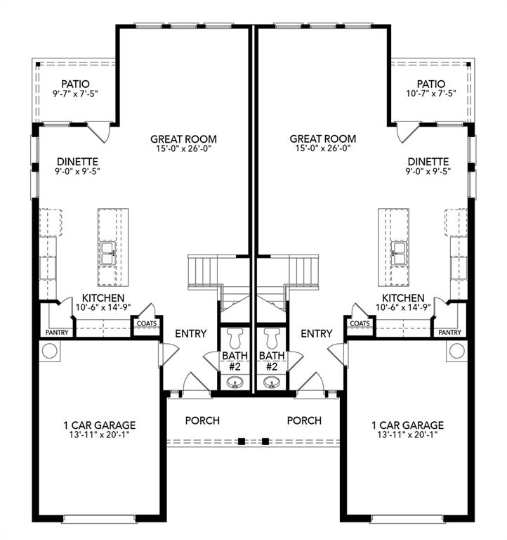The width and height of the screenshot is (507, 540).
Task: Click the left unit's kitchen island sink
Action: pyautogui.click(x=108, y=254)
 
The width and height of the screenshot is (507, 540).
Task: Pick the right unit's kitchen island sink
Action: pyautogui.click(x=399, y=254)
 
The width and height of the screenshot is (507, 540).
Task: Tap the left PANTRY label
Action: pyautogui.click(x=57, y=332)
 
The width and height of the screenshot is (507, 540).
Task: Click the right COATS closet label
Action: pyautogui.click(x=360, y=323)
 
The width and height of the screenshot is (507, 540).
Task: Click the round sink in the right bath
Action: pyautogui.click(x=271, y=382)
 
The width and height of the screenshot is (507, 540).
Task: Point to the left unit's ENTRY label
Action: pyautogui.click(x=190, y=333)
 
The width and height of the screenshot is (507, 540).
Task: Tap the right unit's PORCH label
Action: pyautogui.click(x=304, y=420)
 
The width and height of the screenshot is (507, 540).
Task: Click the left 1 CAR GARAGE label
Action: pyautogui.click(x=100, y=425)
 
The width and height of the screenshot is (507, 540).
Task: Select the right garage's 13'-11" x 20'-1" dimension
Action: pyautogui.click(x=407, y=435)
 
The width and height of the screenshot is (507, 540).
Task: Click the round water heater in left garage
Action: pyautogui.click(x=51, y=350)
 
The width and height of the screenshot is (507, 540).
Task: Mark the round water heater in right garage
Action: pyautogui.click(x=456, y=350)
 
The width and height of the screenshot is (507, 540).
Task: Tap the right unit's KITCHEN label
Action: pyautogui.click(x=402, y=298)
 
